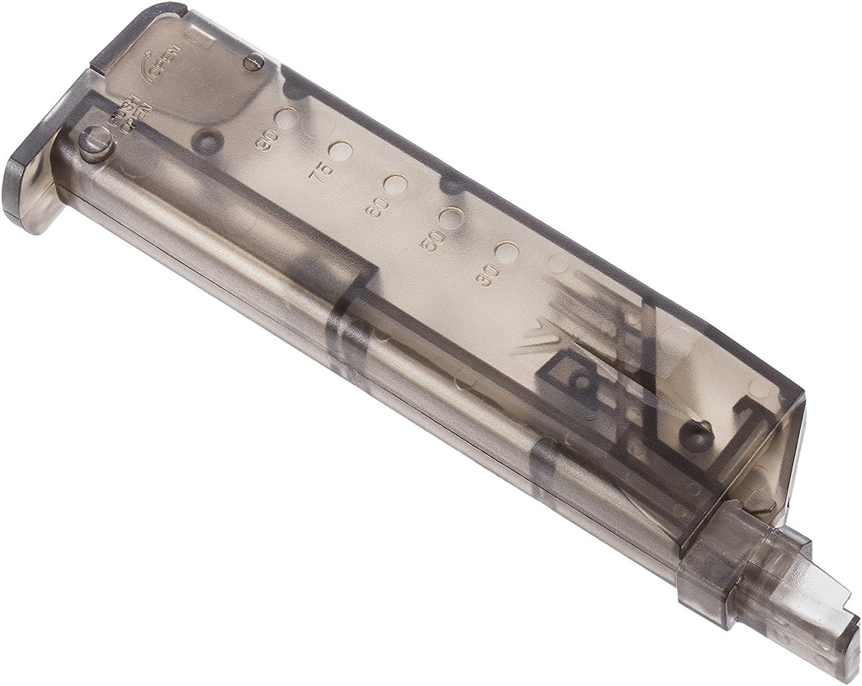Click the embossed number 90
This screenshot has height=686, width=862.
click(x=268, y=140)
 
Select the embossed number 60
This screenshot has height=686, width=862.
click(x=376, y=207)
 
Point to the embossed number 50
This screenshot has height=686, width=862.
click(x=429, y=244)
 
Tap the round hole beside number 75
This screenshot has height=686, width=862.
click(x=340, y=151)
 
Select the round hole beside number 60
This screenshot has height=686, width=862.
click(x=394, y=185)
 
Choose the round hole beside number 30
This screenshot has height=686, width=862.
click(x=506, y=253)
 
